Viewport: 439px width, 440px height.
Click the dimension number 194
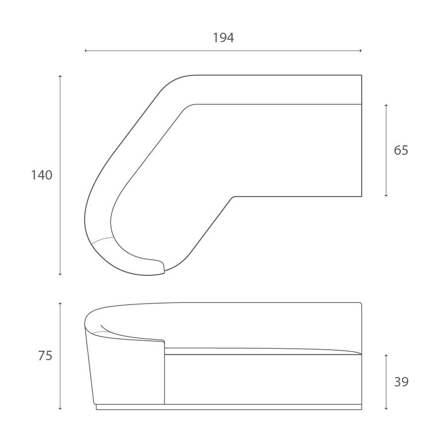(223, 38)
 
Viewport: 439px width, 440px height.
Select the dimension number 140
(42, 175)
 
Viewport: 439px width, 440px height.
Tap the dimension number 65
(401, 150)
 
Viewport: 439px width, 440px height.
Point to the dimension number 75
(45, 356)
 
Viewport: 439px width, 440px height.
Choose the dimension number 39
(401, 382)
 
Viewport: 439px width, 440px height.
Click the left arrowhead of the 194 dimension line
(86, 51)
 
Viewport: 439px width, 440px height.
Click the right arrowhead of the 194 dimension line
(361, 51)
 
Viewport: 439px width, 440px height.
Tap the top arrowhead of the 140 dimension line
(60, 76)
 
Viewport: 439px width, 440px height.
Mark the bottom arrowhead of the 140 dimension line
(60, 274)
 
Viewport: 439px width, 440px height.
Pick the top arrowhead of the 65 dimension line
(386, 106)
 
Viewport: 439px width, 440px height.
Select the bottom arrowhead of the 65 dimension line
(386, 195)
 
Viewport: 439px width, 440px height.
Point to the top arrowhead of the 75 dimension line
(60, 303)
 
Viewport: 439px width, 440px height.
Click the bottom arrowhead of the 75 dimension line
(60, 409)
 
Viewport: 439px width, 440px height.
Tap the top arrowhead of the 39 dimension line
(386, 356)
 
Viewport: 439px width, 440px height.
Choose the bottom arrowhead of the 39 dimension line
(386, 409)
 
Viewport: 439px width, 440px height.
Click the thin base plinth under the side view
(228, 407)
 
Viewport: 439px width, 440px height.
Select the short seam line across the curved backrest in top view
(103, 240)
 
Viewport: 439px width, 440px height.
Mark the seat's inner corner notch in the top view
(233, 197)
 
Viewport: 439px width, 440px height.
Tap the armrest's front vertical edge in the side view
(165, 372)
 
